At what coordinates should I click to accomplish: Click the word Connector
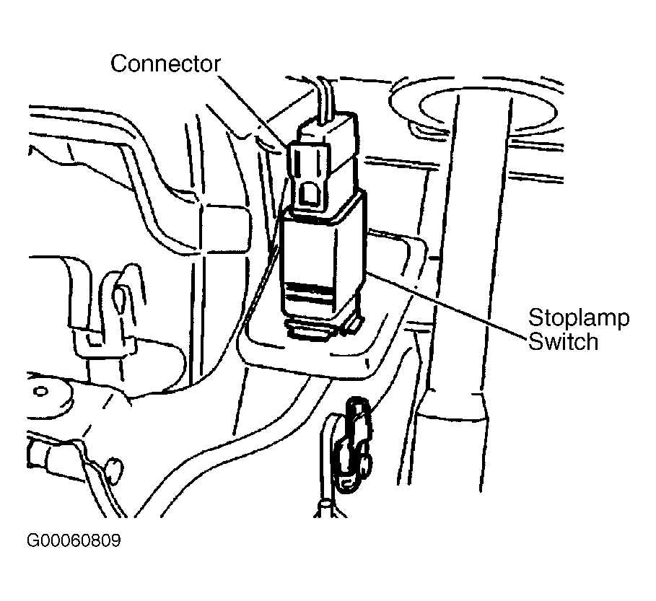165,64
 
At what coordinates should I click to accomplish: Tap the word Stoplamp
579,319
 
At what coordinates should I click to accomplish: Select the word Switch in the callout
563,341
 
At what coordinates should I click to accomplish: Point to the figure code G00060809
74,540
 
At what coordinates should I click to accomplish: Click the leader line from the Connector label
253,111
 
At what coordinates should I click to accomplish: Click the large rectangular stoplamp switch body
322,255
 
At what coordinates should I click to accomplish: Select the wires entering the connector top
324,100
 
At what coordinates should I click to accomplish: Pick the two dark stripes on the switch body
309,293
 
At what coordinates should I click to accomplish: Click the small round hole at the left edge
40,392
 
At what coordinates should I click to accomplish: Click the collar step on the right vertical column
452,405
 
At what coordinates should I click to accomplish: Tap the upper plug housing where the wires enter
328,128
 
